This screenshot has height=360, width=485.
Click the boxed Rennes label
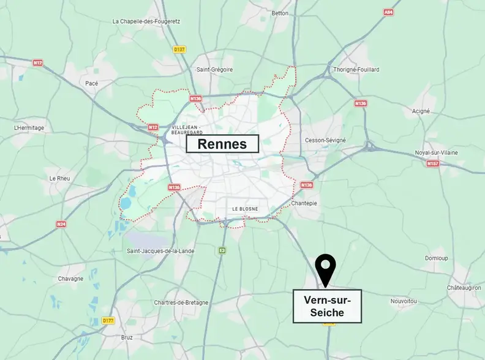point(222,144)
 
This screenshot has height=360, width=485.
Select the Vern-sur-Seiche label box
point(327,306)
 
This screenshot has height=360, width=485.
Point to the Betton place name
point(280,12)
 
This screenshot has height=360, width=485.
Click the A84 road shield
point(388,12)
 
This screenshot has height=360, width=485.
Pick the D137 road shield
point(179,50)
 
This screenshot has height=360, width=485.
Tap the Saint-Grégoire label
point(214,69)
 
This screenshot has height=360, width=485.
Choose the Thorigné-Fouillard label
point(356,69)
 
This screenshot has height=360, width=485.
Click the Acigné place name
point(422,111)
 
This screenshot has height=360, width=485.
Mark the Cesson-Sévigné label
point(325,140)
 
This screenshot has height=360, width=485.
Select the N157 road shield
point(432,163)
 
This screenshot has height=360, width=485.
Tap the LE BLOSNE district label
point(245,209)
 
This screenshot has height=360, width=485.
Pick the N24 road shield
point(61,223)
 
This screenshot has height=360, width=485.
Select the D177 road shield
point(108,320)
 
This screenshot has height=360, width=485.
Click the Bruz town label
point(127,337)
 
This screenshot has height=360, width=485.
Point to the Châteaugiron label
point(464,287)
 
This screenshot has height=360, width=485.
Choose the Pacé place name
point(92,83)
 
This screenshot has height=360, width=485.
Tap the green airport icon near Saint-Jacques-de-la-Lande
point(222,250)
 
